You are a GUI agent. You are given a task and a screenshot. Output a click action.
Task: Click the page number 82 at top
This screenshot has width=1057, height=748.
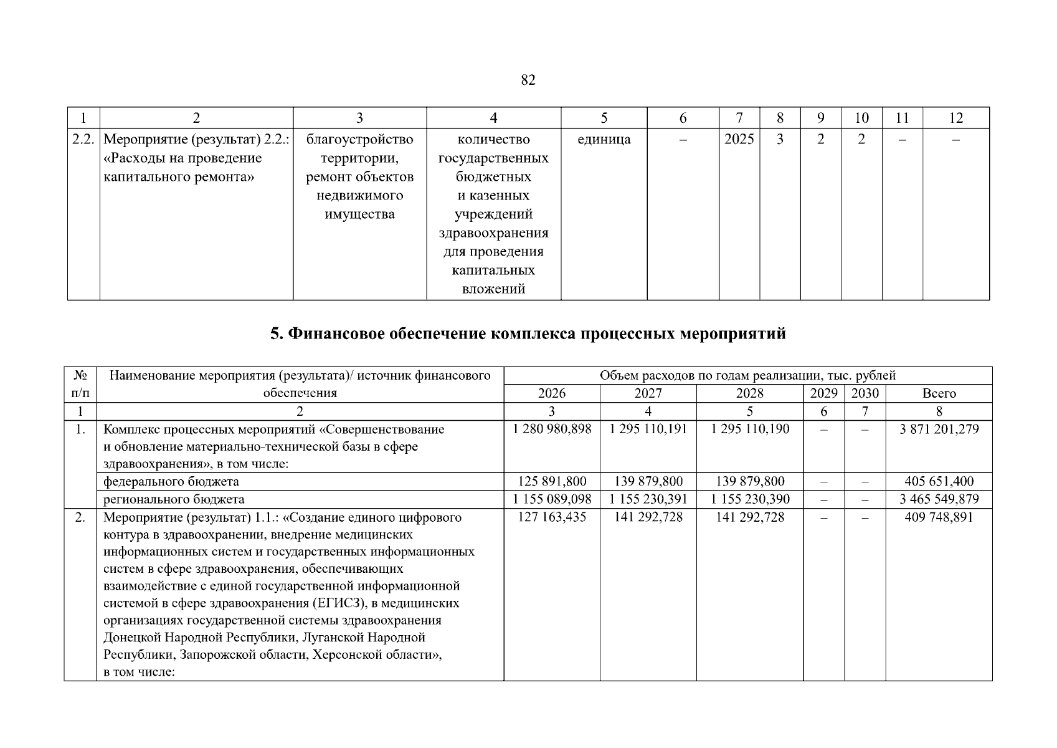coord(528,80)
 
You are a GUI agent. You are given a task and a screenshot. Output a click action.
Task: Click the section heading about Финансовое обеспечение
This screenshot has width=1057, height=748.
coord(528,334)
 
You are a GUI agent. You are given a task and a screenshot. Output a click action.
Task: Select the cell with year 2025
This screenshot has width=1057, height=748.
coord(739,140)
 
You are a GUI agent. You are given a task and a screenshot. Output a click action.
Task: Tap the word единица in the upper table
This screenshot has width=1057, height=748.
coord(604,140)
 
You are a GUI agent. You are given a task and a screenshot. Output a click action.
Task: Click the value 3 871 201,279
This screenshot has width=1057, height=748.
coord(939,429)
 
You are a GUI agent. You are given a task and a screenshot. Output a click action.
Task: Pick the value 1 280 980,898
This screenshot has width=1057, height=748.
coord(552,429)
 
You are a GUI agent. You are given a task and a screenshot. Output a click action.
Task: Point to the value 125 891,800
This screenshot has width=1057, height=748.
coord(552,482)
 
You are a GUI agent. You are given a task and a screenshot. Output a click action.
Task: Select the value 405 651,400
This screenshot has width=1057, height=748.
coord(939,482)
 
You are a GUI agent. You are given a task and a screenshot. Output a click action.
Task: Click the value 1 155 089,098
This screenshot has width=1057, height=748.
coord(552,499)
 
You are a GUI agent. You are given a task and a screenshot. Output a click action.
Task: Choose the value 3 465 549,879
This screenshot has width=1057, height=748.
coord(939,499)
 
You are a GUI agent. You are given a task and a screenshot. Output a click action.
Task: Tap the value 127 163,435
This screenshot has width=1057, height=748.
coord(552,517)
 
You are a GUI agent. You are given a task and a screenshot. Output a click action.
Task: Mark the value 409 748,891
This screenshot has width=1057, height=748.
coord(939,517)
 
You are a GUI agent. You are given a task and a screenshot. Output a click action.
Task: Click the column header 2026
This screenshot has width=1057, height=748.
coord(552,393)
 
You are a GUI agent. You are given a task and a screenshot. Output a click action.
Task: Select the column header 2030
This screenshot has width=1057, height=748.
coord(865,393)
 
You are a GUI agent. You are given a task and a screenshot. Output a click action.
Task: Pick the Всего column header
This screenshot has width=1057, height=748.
coord(939,393)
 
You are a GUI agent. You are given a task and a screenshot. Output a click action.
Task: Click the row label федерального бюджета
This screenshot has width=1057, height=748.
coord(171,482)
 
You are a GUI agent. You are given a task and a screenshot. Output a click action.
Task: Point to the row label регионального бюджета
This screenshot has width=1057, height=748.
coord(174,499)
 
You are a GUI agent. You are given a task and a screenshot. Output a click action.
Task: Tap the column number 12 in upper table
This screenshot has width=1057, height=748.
coord(955,118)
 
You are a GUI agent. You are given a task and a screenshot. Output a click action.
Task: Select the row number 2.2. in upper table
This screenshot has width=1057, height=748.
coord(83,140)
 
